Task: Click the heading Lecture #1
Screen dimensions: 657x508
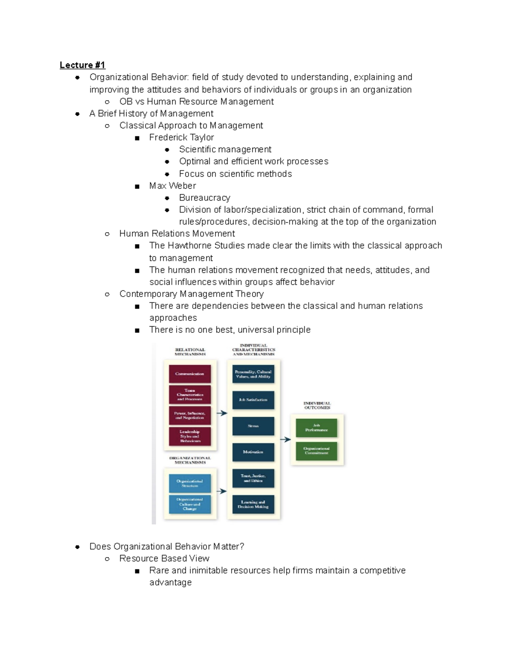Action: pyautogui.click(x=82, y=65)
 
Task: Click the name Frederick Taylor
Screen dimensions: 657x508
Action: pyautogui.click(x=181, y=137)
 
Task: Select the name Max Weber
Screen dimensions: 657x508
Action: pyautogui.click(x=172, y=186)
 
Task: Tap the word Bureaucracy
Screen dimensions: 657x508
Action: pyautogui.click(x=204, y=198)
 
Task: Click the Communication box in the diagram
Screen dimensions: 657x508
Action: pyautogui.click(x=190, y=374)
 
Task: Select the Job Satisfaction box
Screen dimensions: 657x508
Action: pyautogui.click(x=253, y=400)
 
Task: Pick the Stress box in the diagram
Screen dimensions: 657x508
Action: pyautogui.click(x=253, y=426)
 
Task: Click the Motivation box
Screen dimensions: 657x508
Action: pyautogui.click(x=253, y=452)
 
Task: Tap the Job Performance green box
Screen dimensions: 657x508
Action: pyautogui.click(x=317, y=428)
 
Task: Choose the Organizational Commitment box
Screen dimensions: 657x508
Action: pyautogui.click(x=317, y=451)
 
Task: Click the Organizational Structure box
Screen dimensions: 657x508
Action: pyautogui.click(x=190, y=484)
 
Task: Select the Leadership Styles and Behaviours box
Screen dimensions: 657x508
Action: pyautogui.click(x=190, y=437)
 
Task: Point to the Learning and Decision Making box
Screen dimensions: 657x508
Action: pyautogui.click(x=253, y=504)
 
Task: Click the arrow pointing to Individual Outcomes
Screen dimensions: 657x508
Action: pyautogui.click(x=286, y=440)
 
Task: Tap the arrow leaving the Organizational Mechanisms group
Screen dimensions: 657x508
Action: pyautogui.click(x=222, y=491)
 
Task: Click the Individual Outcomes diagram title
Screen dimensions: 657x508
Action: pyautogui.click(x=317, y=406)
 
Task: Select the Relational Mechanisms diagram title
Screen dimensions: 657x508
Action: pyautogui.click(x=190, y=352)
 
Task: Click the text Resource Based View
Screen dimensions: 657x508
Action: pyautogui.click(x=164, y=558)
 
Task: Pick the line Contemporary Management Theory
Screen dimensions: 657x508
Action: pyautogui.click(x=191, y=294)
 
